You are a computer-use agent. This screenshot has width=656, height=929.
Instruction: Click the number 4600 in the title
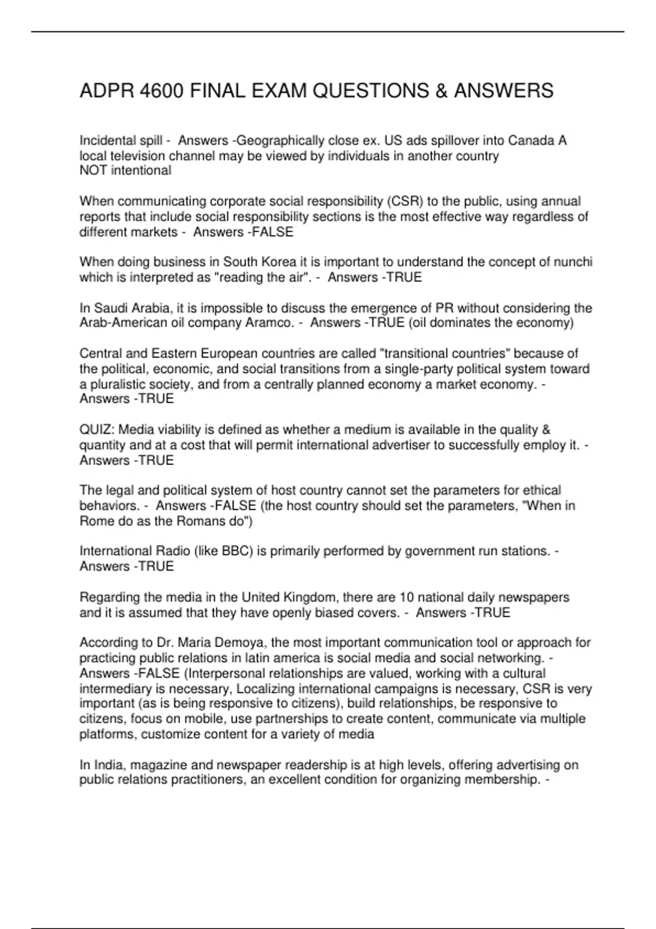(161, 91)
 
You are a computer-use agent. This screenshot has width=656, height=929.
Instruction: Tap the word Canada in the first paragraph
(531, 141)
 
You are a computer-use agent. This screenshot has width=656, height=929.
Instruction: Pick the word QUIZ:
(97, 430)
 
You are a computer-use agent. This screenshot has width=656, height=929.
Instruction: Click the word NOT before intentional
(93, 171)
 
